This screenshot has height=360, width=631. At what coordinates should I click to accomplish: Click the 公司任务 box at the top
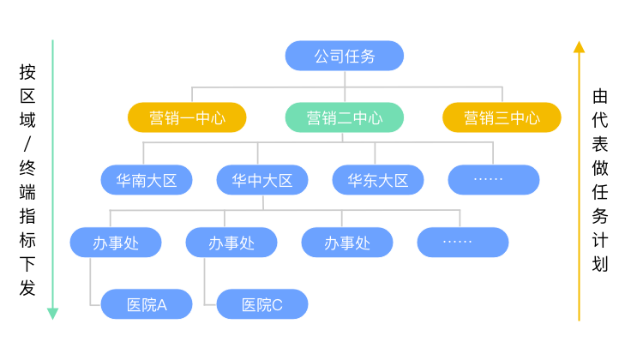pos(344,56)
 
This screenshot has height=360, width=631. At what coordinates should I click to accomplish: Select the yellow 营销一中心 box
pos(187,117)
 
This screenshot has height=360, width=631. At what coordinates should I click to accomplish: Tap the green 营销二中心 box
pos(344,117)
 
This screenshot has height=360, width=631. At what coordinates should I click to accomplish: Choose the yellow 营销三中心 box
pos(502,117)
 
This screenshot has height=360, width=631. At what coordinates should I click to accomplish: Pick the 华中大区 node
pos(262,180)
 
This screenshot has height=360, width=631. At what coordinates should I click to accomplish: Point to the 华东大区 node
pos(378,180)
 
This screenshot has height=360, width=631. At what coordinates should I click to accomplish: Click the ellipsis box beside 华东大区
pos(494,180)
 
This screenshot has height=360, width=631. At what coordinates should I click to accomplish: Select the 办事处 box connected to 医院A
pos(116,243)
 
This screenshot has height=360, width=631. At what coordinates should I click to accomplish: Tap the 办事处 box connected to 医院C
pos(231,243)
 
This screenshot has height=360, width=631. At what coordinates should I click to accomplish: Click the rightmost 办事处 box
pos(347,243)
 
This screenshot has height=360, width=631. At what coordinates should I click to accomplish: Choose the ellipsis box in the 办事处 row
pos(463,243)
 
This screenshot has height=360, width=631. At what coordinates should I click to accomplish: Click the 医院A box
pos(147,304)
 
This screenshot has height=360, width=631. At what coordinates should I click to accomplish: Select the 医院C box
pos(262,304)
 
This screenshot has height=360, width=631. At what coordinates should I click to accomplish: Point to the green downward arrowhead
pos(52,314)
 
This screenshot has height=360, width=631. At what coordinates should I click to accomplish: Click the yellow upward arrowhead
pos(580,46)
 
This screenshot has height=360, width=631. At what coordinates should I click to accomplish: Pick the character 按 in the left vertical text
pos(27,73)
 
